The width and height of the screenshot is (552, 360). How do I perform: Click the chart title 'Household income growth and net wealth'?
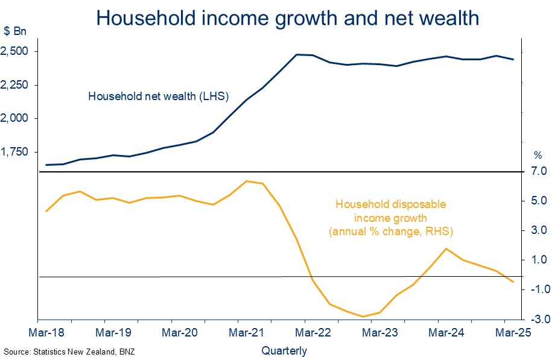coord(287,18)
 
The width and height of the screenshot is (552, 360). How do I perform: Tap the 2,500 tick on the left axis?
coord(17,52)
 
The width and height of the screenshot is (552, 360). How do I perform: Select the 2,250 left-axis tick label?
coord(17,86)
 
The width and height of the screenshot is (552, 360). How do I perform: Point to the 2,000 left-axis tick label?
coord(17,119)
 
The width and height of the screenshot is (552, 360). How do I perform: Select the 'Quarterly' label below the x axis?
coord(284,350)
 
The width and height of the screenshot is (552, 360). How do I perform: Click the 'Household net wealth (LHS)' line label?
coord(150,96)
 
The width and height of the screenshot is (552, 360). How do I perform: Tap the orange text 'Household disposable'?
coord(390,204)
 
